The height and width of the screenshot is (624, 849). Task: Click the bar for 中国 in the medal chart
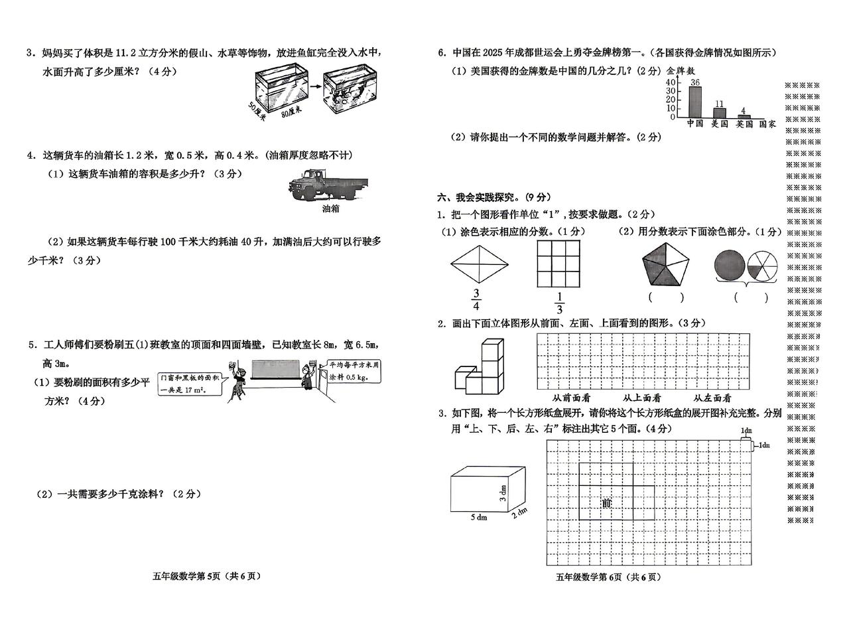tap(694, 102)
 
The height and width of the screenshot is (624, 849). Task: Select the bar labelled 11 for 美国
tap(720, 114)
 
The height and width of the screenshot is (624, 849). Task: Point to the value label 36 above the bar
tap(694, 82)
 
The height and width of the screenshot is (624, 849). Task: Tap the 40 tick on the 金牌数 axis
tap(671, 82)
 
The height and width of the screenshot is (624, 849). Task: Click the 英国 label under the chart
tap(744, 124)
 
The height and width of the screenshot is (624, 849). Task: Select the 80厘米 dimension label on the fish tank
tap(291, 112)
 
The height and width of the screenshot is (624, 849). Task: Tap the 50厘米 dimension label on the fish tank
tap(257, 111)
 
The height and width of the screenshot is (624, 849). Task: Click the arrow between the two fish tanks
tap(315, 86)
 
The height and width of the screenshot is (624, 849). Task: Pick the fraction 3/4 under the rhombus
tap(476, 299)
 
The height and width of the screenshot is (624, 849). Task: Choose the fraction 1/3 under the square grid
tap(559, 303)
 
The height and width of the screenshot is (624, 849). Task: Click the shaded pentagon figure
tap(665, 264)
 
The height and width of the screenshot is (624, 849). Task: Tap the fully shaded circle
tap(730, 265)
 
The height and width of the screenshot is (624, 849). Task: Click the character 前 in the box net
tap(606, 503)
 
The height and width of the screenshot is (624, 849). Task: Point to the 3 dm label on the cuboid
tap(503, 493)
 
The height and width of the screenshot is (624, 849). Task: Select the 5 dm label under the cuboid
tap(479, 517)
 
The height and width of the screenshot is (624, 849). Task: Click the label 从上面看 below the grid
tap(641, 398)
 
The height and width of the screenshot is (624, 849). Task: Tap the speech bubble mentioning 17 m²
tap(190, 384)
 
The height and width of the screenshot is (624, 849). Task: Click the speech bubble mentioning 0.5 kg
tap(352, 371)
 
